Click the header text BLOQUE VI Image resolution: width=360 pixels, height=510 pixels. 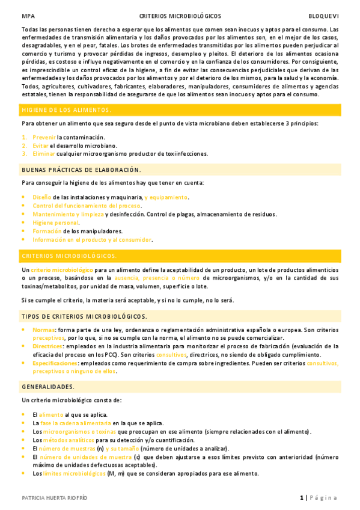point(323,16)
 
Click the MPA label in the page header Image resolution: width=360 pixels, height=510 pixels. point(27,16)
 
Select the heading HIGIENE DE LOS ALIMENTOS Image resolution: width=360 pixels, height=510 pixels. point(66,110)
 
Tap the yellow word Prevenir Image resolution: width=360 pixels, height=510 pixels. point(44,137)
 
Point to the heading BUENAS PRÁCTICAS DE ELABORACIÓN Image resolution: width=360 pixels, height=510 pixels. point(81,170)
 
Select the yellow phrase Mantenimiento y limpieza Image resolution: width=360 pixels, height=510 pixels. point(68,214)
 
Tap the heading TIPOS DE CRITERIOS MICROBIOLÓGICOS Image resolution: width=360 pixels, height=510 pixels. point(84,316)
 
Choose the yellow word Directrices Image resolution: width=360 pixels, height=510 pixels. point(47,346)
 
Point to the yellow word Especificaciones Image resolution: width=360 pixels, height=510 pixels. point(54,363)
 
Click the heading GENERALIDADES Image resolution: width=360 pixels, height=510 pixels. point(48,387)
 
